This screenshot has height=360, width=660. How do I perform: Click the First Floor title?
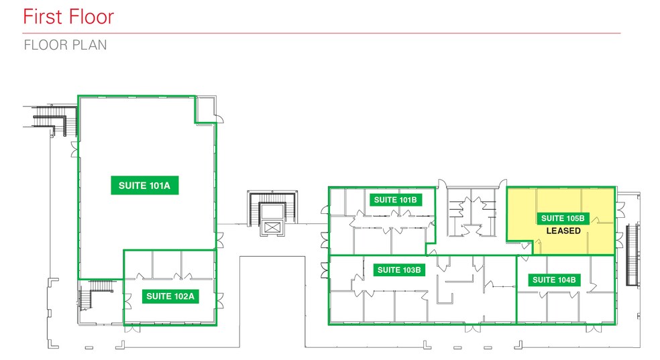68,16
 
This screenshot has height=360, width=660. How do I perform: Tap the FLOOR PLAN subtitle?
65,46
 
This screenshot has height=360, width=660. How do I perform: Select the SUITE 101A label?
145,186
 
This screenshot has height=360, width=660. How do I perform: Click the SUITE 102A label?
170,296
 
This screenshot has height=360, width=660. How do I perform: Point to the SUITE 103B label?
400,270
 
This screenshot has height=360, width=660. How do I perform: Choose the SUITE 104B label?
553,280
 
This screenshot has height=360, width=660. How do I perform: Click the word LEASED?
563,231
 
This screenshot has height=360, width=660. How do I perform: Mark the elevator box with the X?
272,227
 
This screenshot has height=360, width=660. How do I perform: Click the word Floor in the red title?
91,16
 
